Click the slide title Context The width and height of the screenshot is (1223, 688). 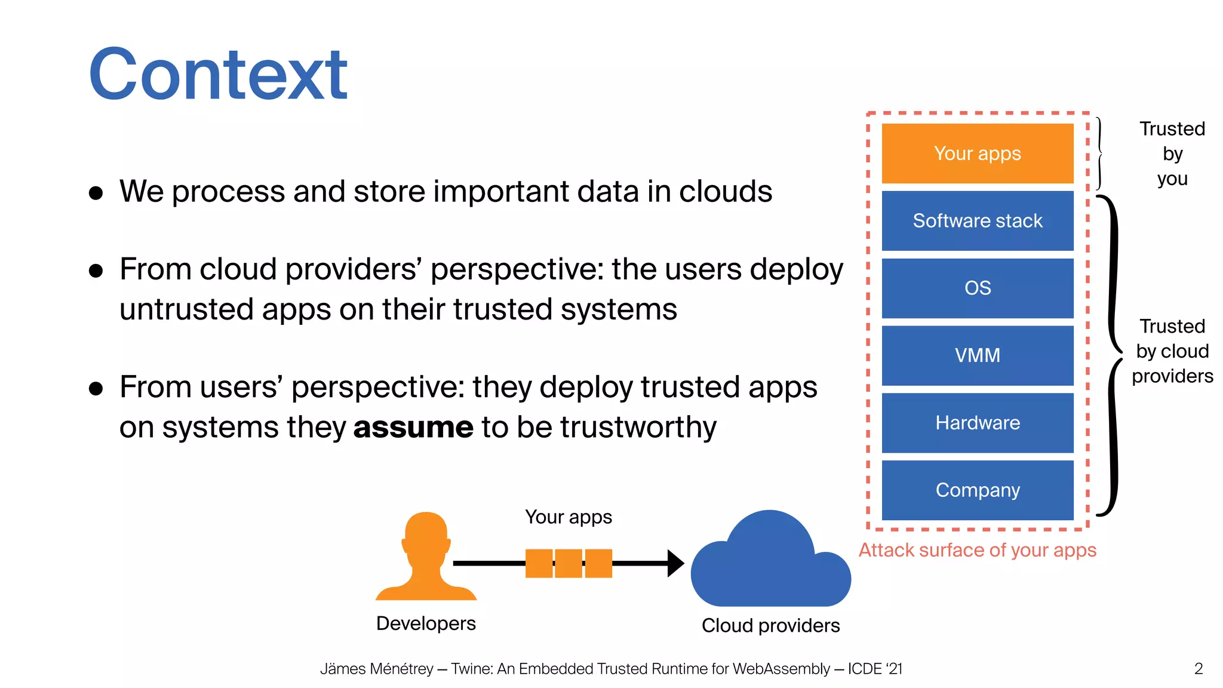[218, 75]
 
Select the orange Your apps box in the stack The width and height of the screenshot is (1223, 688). [977, 153]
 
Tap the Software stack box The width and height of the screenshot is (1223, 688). [977, 221]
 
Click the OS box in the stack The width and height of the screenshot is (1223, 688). [977, 288]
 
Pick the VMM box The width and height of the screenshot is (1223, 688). [977, 355]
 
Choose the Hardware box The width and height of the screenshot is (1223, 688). [977, 423]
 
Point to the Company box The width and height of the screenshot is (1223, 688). [977, 490]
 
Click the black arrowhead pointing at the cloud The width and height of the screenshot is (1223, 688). [675, 563]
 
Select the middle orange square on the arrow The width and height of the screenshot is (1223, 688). [569, 563]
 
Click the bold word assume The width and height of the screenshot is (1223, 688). [413, 428]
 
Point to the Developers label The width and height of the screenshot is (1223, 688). [426, 623]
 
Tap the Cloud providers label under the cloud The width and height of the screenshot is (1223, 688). [770, 626]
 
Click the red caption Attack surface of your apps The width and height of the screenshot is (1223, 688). [977, 550]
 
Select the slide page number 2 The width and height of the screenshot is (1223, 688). [1198, 669]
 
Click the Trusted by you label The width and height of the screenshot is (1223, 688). [1172, 153]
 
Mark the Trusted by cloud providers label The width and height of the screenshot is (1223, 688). [1172, 351]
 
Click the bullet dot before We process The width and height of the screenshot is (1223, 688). [96, 193]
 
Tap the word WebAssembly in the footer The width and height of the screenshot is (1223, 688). [780, 669]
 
